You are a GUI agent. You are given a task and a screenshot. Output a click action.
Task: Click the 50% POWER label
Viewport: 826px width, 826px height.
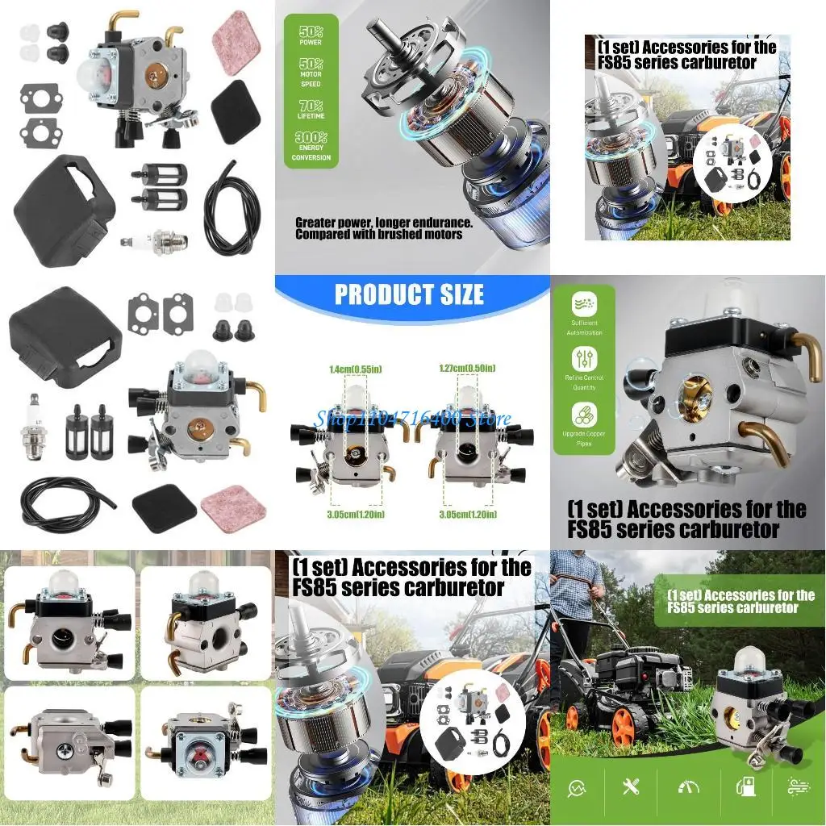pyautogui.click(x=311, y=35)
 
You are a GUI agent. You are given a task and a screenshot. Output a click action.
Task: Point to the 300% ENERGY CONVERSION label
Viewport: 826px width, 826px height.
pyautogui.click(x=311, y=147)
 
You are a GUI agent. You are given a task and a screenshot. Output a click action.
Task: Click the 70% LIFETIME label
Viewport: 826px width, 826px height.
pyautogui.click(x=311, y=110)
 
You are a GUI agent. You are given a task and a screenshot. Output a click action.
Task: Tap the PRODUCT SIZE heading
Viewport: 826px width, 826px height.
pyautogui.click(x=409, y=294)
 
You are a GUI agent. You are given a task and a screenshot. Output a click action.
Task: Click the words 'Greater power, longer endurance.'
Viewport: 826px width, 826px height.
pyautogui.click(x=383, y=223)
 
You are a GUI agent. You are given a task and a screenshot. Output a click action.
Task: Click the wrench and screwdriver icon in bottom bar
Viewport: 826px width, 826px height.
pyautogui.click(x=631, y=786)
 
